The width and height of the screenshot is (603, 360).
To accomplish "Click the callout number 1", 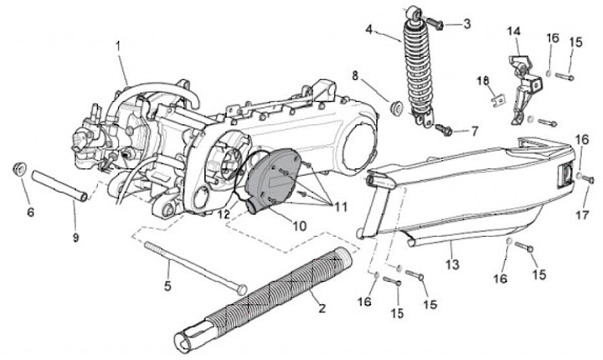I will pyautogui.click(x=118, y=44).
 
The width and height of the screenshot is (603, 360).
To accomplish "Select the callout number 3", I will pyautogui.click(x=466, y=23).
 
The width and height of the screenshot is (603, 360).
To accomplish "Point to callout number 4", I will pyautogui.click(x=368, y=31).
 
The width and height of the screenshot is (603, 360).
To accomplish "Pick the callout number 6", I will pyautogui.click(x=30, y=212).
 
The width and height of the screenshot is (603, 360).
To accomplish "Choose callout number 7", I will pyautogui.click(x=474, y=131).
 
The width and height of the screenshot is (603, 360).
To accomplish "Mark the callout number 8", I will pyautogui.click(x=355, y=76).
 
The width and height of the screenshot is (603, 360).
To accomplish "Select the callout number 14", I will pyautogui.click(x=513, y=33).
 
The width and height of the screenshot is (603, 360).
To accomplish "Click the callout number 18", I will pyautogui.click(x=482, y=80).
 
